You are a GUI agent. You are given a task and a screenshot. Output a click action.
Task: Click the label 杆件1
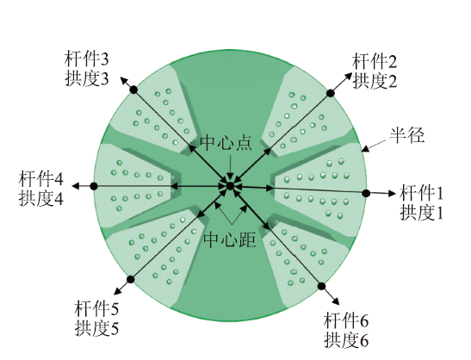pos(421,193)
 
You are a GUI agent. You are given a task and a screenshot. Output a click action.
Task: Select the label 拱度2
pos(375,81)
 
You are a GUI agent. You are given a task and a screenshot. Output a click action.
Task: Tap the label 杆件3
pos(86,59)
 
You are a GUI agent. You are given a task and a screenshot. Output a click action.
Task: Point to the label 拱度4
pos(41,198)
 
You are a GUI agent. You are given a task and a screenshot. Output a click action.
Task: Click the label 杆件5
pos(96,308)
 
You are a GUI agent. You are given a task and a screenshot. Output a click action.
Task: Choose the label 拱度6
pos(346,340)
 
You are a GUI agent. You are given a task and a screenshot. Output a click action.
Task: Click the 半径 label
pos(407,135)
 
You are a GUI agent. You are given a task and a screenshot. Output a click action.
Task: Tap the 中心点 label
pos(226,142)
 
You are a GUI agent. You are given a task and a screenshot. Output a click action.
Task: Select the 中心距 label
pos(230,239)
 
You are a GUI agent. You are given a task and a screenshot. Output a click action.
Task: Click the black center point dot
pos(230,186)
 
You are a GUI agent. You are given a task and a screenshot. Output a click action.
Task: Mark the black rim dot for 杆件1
pos(366,193)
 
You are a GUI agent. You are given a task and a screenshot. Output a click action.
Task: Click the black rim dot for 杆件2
pos(331,93)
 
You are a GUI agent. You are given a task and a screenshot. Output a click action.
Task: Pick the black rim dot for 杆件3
pos(134,90)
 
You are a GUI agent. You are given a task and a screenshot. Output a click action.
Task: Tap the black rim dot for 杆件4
pos(94,186)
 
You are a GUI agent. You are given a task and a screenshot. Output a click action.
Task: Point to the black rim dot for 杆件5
pos(130,279)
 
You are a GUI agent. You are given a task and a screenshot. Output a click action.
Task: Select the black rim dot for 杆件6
pos(321,286)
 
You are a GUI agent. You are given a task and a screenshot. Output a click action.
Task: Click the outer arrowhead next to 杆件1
pos(393,194)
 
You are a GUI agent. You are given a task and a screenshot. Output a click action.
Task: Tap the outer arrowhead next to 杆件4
pos(75,186)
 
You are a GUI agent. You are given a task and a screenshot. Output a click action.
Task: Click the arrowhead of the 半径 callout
pos(364,149)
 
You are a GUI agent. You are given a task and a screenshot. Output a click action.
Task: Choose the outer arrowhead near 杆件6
pos(337,302)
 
